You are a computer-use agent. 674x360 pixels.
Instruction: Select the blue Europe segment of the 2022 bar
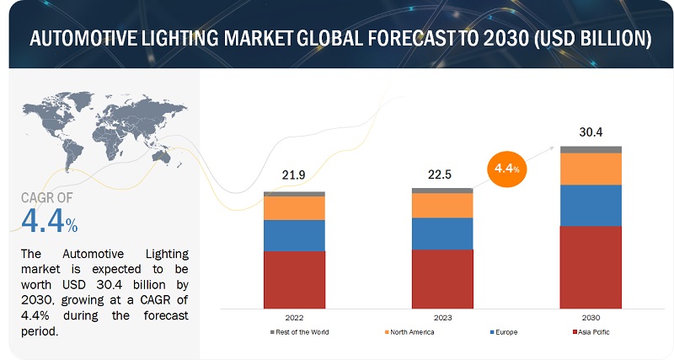(294, 235)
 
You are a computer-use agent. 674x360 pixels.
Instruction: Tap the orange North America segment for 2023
(442, 205)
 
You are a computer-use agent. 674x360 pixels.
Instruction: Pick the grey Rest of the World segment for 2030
(591, 149)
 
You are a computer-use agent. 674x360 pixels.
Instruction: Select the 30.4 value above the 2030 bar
(591, 132)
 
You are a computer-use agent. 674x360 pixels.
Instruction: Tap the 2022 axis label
(293, 317)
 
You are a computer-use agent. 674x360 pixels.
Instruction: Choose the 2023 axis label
(442, 317)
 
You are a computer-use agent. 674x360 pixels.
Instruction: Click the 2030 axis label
(590, 317)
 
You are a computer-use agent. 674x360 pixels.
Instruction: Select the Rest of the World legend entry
(300, 332)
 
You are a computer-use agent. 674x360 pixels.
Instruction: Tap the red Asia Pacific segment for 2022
(294, 280)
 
